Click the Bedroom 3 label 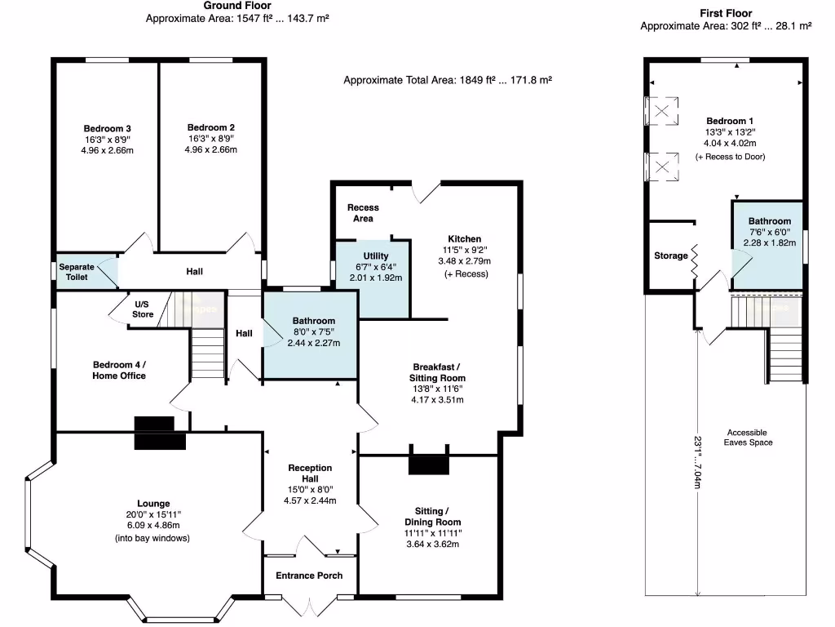(x=107, y=128)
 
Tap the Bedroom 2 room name (x=210, y=128)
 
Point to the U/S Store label (x=143, y=309)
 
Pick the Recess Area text (x=363, y=213)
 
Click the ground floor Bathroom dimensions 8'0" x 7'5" (x=314, y=332)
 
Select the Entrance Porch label (x=309, y=576)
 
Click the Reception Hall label (x=311, y=474)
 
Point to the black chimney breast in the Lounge (x=154, y=433)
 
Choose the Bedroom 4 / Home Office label (x=119, y=370)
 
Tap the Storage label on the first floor (x=671, y=256)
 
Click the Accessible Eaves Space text (x=746, y=438)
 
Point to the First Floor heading (x=726, y=13)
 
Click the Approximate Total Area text (x=448, y=80)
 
